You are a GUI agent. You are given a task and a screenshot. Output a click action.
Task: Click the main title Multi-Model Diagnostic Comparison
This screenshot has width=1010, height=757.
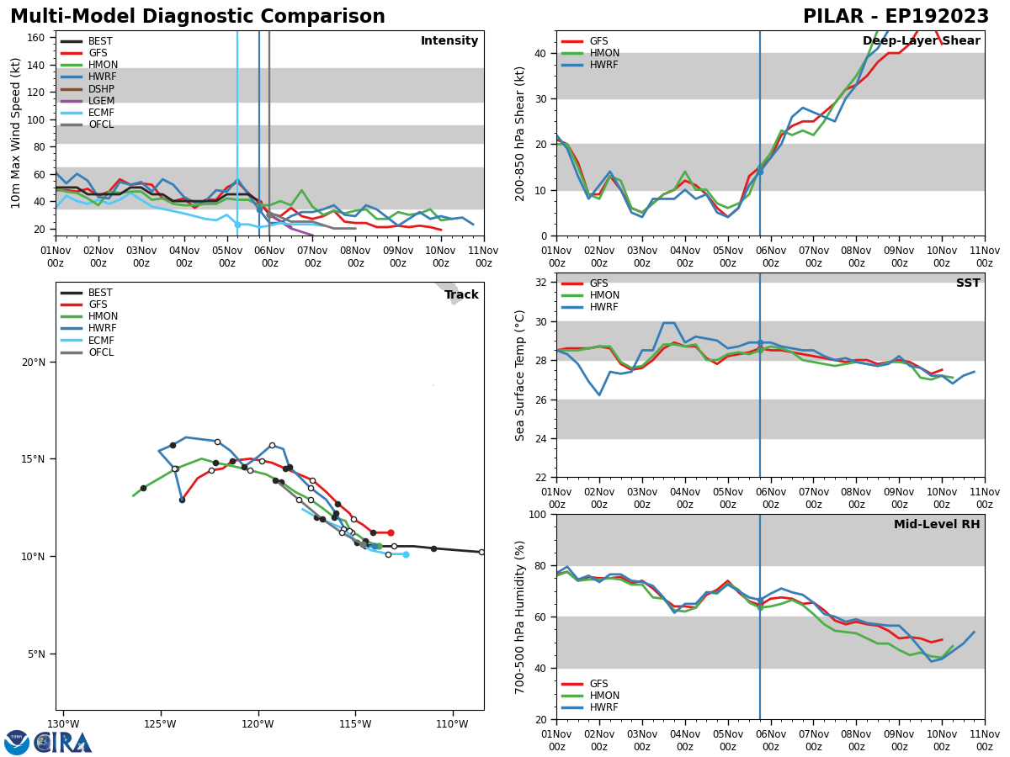click(197, 17)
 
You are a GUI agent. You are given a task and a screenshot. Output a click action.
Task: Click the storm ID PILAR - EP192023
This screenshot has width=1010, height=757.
click(896, 17)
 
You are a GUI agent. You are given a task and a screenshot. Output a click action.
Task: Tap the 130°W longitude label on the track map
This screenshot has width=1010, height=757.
click(63, 724)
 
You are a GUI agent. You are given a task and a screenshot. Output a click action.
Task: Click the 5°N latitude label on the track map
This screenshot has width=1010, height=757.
click(37, 654)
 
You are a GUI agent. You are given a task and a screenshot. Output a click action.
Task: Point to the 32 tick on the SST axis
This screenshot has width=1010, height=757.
click(543, 283)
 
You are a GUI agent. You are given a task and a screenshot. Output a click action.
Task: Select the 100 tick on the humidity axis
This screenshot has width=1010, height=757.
click(540, 514)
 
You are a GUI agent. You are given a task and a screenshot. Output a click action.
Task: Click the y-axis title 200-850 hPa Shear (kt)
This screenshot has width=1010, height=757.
click(521, 133)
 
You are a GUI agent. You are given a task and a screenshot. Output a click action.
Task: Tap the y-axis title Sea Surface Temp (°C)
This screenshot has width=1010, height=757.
click(521, 375)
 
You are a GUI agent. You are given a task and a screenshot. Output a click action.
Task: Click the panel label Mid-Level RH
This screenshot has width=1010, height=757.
click(936, 525)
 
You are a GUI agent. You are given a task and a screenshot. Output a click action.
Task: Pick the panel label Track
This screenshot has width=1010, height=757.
click(461, 295)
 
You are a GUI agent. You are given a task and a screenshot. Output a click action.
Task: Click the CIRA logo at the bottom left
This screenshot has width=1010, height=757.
click(48, 742)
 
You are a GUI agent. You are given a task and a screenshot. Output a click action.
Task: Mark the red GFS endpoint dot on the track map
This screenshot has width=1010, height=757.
click(391, 532)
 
